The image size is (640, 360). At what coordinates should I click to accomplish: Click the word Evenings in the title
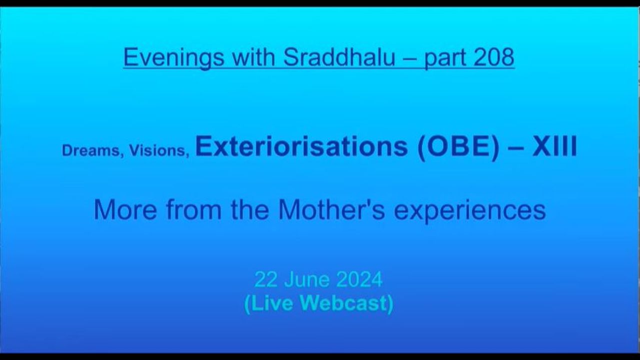(173, 57)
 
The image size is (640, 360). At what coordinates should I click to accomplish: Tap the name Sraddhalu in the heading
(339, 57)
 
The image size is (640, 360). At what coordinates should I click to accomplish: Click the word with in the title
(253, 57)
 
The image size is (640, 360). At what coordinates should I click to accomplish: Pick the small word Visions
(159, 150)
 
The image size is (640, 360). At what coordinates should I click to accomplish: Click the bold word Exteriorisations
(301, 146)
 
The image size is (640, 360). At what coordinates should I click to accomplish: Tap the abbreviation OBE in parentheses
(458, 147)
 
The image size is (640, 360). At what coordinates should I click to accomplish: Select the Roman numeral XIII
(554, 146)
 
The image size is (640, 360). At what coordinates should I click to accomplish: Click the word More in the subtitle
(125, 210)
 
